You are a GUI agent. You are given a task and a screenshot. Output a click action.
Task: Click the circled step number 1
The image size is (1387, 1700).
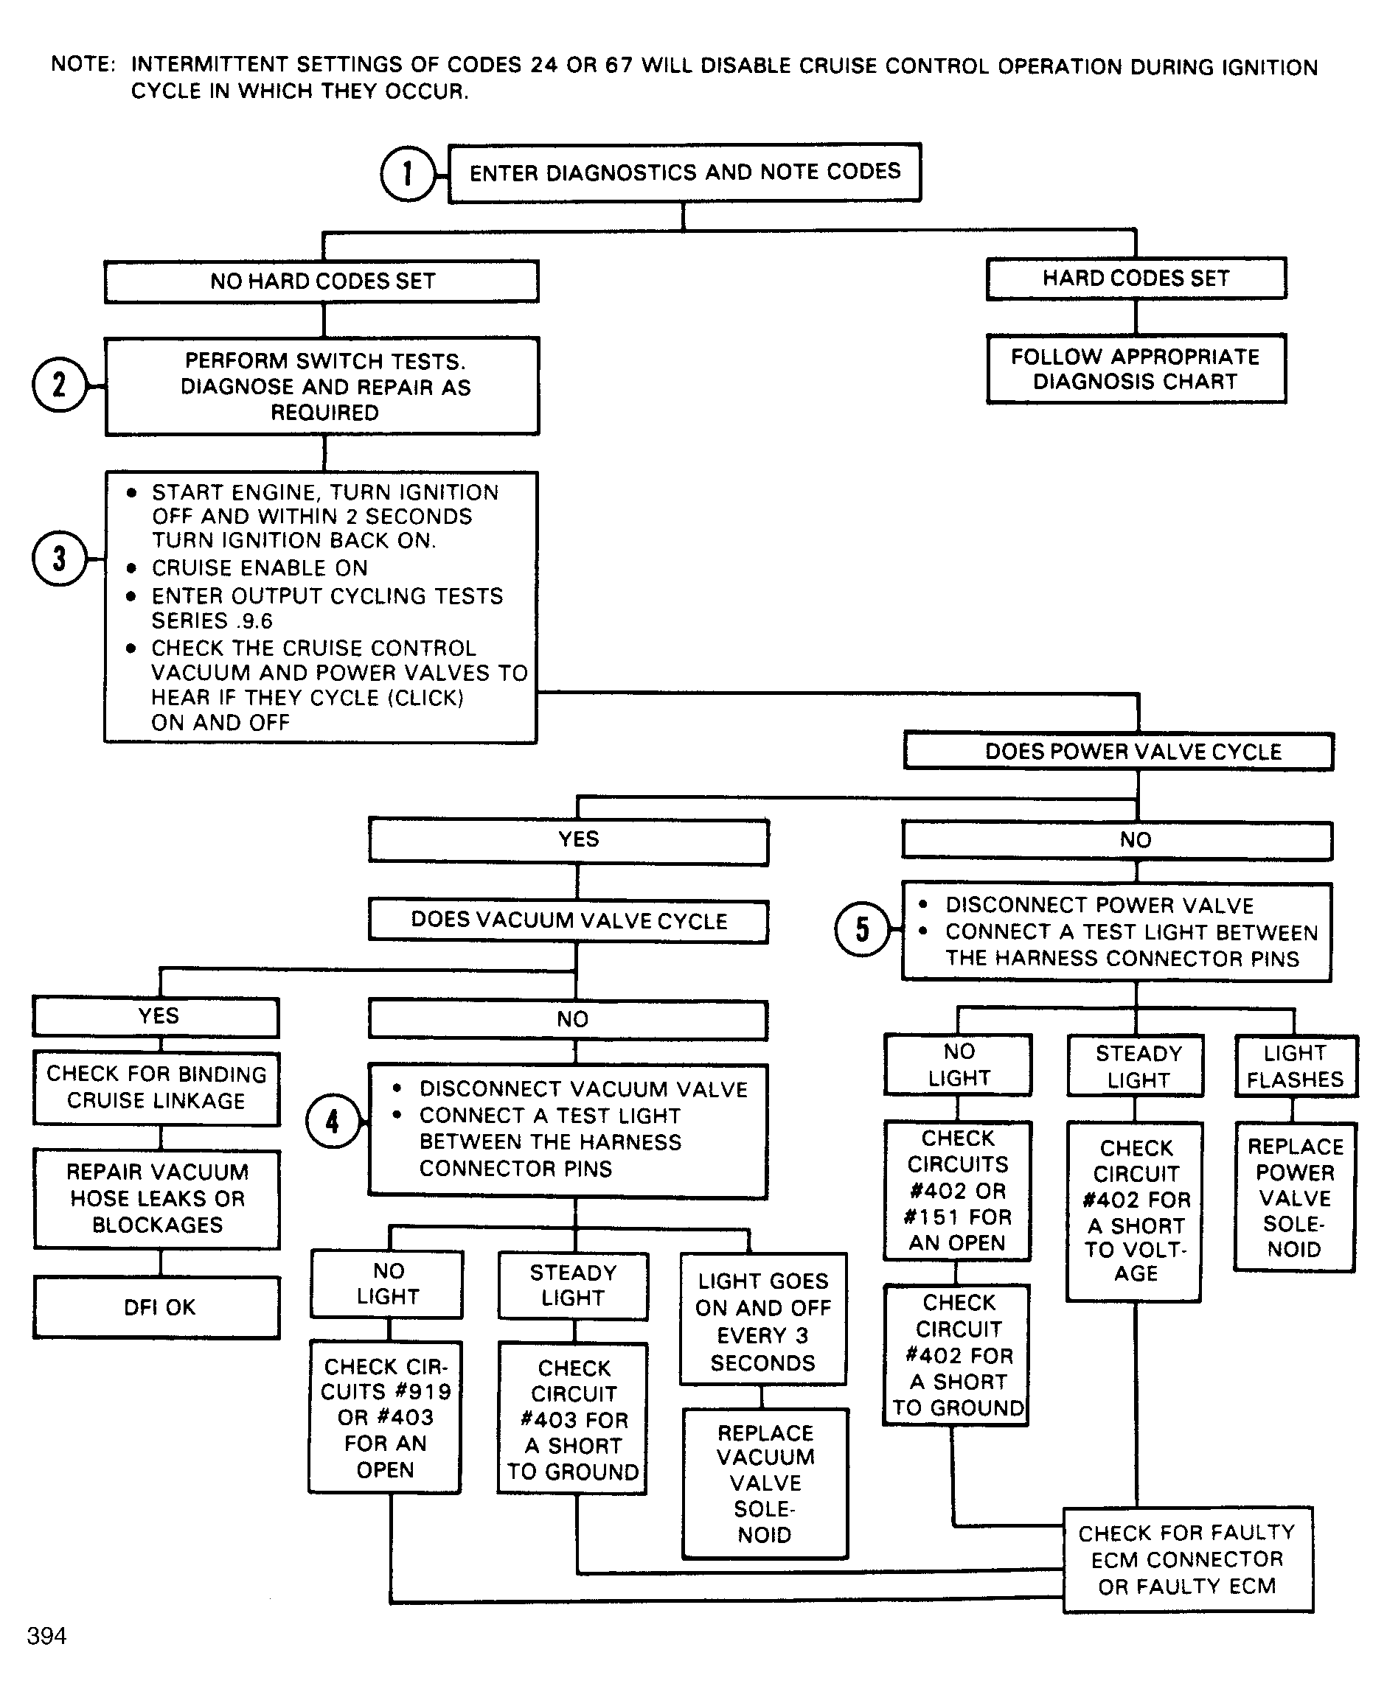point(409,173)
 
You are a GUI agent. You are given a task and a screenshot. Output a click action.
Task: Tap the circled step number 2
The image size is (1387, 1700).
point(60,384)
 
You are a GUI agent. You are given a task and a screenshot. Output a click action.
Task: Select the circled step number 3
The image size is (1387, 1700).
point(60,558)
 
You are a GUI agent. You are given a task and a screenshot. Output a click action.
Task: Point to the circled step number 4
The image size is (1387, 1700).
point(333,1121)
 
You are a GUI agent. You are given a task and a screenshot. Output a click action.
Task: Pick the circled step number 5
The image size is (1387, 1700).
point(862,928)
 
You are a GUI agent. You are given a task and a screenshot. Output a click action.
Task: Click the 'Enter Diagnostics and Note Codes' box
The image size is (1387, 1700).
point(685,172)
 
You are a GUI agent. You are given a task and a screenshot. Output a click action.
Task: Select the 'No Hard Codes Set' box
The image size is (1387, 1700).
point(322,281)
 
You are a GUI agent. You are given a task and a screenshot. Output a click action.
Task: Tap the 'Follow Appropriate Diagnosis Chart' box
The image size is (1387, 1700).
point(1136,369)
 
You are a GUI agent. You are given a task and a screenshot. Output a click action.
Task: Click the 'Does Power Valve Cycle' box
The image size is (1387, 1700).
point(1119,752)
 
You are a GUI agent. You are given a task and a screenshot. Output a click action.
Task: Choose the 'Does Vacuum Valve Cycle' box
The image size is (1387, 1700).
point(569,920)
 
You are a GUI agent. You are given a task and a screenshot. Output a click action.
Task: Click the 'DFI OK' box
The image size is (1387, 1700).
point(157,1307)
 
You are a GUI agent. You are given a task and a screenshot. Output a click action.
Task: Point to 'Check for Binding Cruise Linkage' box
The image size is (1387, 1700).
point(156,1088)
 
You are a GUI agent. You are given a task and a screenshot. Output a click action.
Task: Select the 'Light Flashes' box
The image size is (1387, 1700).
point(1295,1066)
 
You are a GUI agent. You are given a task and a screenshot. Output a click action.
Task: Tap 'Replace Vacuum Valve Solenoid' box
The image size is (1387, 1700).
point(765,1483)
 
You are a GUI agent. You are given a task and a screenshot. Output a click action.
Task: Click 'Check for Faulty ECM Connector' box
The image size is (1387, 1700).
point(1188,1559)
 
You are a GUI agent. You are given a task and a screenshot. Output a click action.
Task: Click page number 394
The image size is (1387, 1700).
point(46,1636)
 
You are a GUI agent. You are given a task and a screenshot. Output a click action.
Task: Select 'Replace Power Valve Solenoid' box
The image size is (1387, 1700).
point(1295,1197)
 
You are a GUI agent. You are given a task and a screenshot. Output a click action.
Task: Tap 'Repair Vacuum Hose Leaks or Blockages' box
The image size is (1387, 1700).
point(157,1198)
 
